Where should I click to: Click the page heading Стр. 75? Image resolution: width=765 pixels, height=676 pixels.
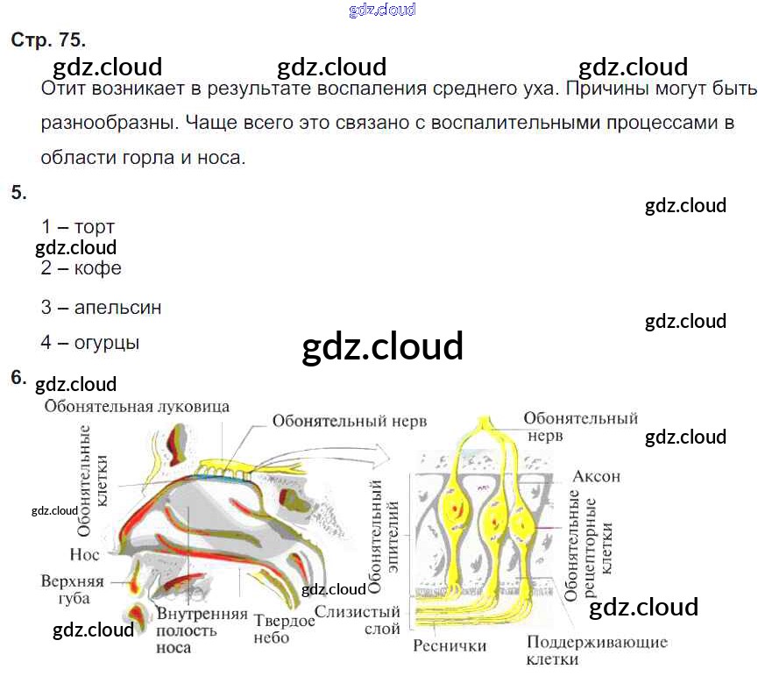coord(48,40)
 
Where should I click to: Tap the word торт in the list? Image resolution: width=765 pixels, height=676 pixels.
coord(95,227)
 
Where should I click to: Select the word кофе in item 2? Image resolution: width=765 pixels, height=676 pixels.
coord(98,268)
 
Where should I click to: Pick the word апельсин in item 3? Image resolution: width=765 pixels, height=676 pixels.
coord(117,308)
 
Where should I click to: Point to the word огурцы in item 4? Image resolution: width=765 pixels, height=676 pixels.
coord(107,343)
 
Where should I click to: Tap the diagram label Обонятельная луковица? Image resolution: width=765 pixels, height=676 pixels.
coord(137,407)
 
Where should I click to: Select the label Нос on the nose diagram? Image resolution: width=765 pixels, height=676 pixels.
coord(85,554)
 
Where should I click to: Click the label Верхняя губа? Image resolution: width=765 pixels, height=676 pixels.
coord(72,589)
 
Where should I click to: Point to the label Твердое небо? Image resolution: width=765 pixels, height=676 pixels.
coord(284,630)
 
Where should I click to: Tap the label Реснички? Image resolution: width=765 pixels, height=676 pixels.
coord(450,647)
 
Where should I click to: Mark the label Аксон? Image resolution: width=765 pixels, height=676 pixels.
coord(596,477)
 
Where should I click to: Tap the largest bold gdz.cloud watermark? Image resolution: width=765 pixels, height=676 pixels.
coord(382,347)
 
